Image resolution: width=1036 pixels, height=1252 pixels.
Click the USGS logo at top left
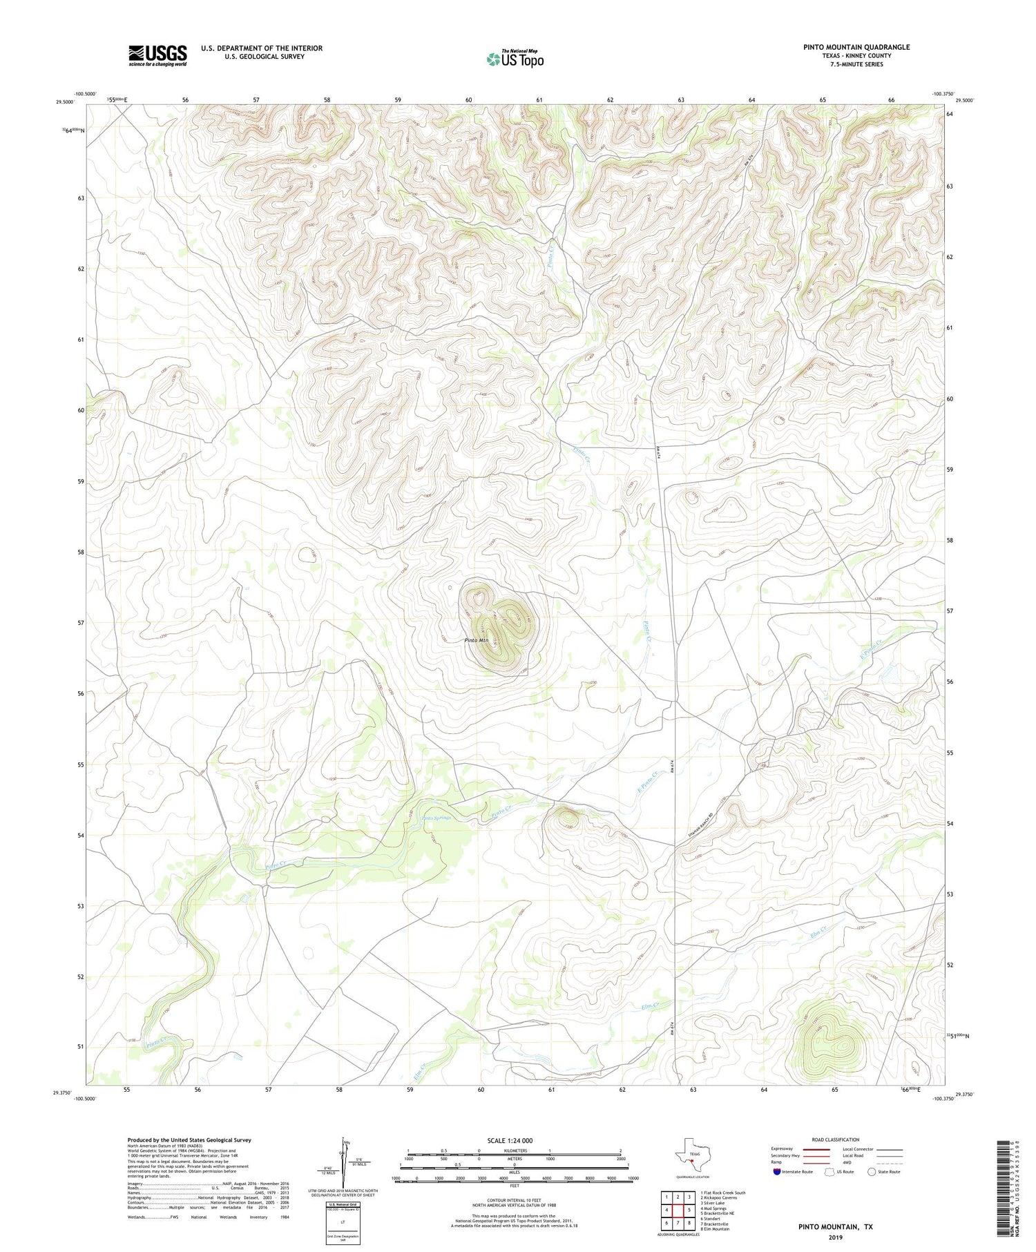click(157, 55)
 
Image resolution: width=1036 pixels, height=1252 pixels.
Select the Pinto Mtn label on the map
click(476, 641)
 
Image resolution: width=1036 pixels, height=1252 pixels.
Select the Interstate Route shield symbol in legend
click(777, 1172)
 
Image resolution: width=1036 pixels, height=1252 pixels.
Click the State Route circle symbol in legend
click(872, 1172)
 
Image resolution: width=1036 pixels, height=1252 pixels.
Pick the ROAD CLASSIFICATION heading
click(835, 1139)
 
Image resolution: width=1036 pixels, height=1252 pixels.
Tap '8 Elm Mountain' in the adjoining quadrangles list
click(714, 1229)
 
